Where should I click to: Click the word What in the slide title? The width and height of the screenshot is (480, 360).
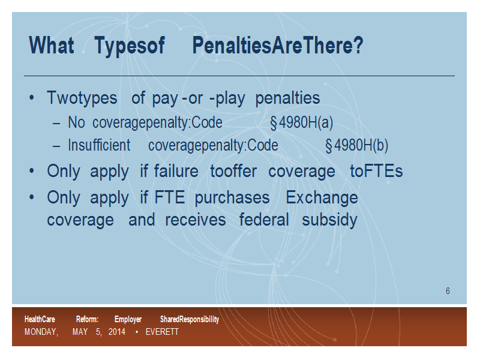coord(52,46)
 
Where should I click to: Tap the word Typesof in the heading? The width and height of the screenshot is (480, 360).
coord(130,46)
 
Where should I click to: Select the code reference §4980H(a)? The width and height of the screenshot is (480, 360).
coord(302,122)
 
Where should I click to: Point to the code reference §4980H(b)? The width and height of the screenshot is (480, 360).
coord(356,145)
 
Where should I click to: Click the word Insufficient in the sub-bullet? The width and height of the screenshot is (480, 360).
coord(99,145)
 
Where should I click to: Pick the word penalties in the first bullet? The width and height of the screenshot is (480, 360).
coord(288,98)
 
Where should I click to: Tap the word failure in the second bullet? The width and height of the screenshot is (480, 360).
coord(176,171)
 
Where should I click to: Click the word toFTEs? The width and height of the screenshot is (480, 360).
coord(376,171)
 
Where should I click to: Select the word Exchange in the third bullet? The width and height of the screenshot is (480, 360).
coord(322,198)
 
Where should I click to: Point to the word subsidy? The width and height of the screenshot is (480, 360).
coord(329,220)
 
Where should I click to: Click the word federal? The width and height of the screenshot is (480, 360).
coord(264,220)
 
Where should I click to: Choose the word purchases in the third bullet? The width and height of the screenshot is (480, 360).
coord(232,198)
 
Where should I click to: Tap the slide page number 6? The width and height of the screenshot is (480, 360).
coord(448,291)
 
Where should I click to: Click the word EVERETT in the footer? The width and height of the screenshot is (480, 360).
coord(162,332)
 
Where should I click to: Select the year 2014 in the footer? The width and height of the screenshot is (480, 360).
coord(117,332)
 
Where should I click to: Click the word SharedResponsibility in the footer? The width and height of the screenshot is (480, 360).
coord(190,319)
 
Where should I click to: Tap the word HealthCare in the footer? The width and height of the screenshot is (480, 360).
coord(40,319)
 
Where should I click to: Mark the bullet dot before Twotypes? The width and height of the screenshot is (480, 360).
coord(32,98)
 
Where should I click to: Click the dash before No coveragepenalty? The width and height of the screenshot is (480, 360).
coord(56,124)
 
